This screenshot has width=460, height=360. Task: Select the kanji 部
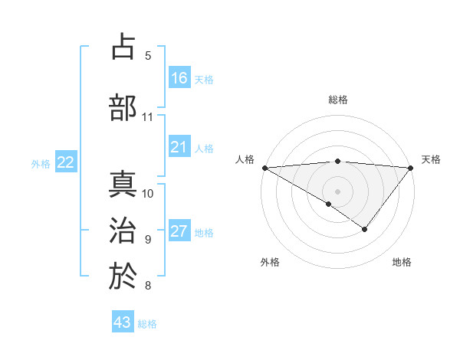coord(123,107)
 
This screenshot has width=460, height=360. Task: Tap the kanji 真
coord(123,185)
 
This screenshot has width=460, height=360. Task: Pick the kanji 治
coord(123,231)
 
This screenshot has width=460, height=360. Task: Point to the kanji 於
coord(123,277)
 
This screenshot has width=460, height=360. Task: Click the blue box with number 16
coord(179,77)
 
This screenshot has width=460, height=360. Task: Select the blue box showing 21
coord(179,147)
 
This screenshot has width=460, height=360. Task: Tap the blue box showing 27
coord(179,231)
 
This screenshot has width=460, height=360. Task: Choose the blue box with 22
coord(66,162)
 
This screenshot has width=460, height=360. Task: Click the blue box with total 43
coord(123,322)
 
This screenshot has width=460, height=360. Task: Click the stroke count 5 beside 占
coord(148,56)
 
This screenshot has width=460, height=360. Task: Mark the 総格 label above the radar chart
coord(338,100)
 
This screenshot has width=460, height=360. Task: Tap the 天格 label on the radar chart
coord(431,159)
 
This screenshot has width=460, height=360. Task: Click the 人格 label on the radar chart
coord(245,159)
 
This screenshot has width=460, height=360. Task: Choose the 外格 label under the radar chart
coord(269,263)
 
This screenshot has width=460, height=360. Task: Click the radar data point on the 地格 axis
coord(365,229)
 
